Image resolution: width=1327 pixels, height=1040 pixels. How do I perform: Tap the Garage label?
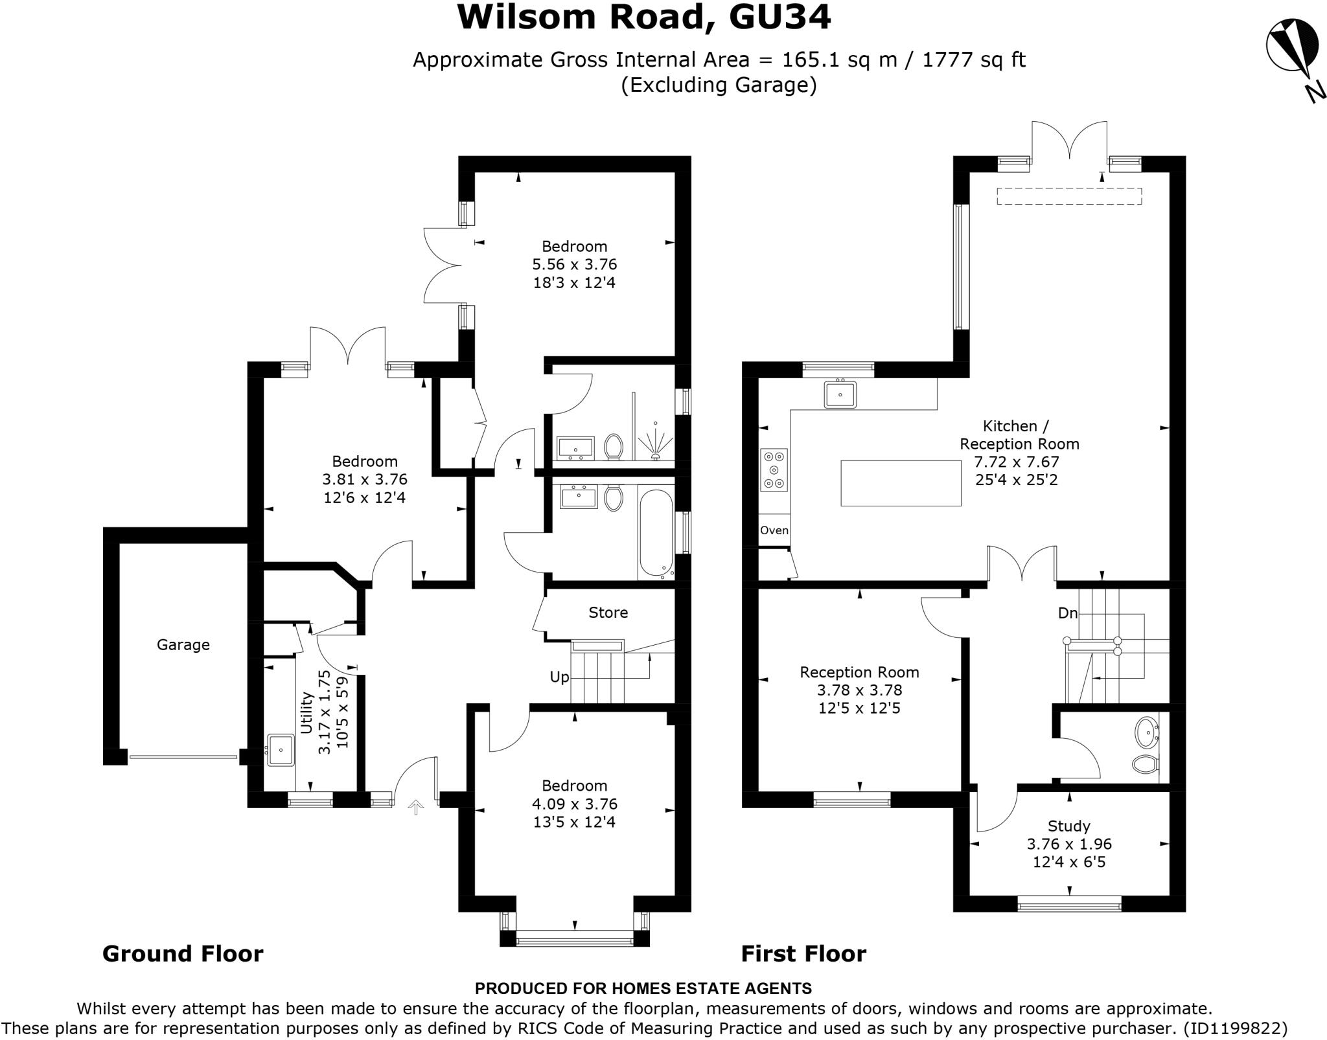click(x=183, y=645)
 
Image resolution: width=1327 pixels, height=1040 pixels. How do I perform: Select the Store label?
click(x=608, y=613)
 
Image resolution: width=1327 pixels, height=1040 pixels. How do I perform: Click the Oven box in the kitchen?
click(x=774, y=530)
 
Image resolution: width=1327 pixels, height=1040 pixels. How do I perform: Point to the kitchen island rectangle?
click(x=901, y=482)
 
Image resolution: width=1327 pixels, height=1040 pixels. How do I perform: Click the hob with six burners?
click(x=774, y=470)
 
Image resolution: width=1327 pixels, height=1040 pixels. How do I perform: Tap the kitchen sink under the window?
click(x=840, y=394)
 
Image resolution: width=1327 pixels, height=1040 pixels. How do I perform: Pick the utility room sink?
click(x=281, y=750)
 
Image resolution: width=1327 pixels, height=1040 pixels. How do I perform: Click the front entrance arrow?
click(x=415, y=807)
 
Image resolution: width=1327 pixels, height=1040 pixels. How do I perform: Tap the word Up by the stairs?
click(x=559, y=677)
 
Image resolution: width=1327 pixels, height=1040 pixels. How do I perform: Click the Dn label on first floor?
click(x=1067, y=613)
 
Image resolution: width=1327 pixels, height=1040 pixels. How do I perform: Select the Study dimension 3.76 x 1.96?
click(x=1069, y=844)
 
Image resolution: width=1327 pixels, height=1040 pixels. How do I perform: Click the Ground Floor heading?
click(x=183, y=954)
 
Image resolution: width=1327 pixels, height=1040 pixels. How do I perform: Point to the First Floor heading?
click(x=803, y=954)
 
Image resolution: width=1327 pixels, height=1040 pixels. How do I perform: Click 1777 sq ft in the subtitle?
click(x=974, y=60)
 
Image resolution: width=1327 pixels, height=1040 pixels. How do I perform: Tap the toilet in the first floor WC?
click(x=1146, y=764)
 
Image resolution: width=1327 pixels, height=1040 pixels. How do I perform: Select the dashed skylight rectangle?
click(x=1069, y=196)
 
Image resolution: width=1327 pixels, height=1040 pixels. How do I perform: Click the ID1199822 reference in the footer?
click(x=1234, y=1028)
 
